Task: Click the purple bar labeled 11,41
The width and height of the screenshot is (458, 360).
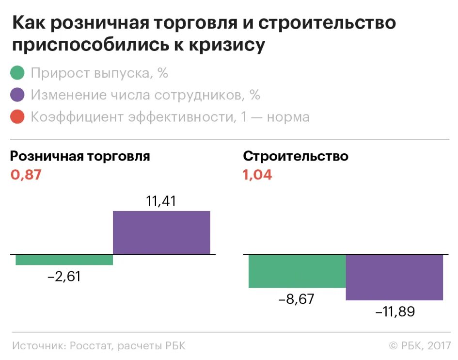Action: [161, 232]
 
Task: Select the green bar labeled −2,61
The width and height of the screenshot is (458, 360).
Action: [64, 260]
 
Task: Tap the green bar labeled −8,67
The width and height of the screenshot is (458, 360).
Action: [297, 271]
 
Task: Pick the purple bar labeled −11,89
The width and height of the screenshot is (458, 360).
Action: [394, 277]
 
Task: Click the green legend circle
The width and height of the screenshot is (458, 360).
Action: [17, 73]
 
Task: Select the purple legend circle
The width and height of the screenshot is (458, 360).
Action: [17, 95]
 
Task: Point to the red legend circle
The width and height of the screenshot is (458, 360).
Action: [17, 117]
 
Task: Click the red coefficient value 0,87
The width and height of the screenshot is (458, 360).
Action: [26, 175]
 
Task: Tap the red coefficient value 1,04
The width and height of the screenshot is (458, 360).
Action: [257, 175]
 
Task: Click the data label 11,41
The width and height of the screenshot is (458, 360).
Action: [161, 201]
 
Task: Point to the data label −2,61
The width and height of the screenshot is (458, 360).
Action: [64, 277]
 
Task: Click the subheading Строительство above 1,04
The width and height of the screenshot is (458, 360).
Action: [296, 156]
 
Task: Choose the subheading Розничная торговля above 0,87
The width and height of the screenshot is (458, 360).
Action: [80, 156]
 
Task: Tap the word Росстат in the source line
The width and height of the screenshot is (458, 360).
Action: [92, 346]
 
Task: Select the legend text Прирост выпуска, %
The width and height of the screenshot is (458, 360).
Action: [99, 73]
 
